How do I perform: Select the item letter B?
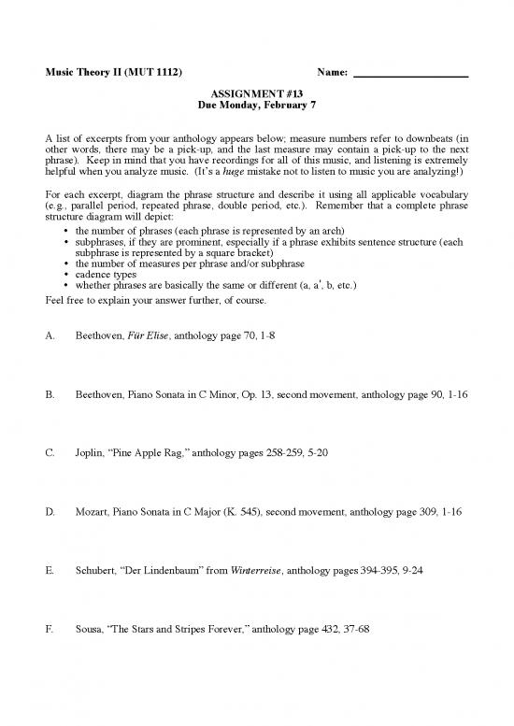49,395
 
